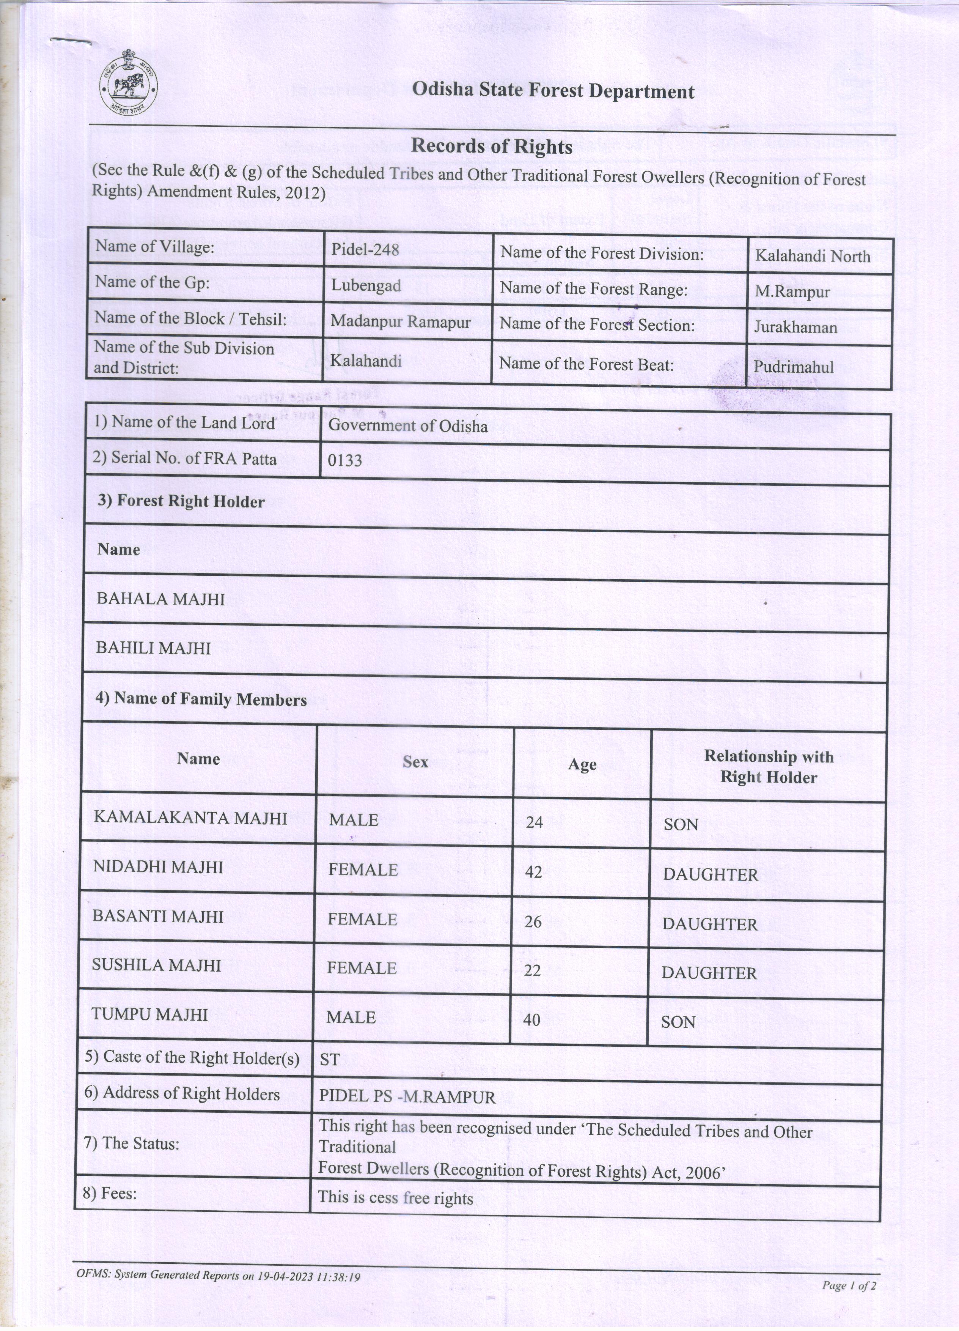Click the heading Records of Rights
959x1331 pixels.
click(492, 146)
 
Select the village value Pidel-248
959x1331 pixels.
click(365, 249)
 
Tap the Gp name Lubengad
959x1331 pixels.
click(366, 286)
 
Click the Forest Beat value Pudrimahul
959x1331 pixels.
click(794, 367)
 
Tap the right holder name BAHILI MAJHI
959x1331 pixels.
click(154, 649)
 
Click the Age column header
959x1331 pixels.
click(582, 765)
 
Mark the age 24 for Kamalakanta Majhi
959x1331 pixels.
click(535, 822)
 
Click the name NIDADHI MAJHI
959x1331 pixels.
click(158, 867)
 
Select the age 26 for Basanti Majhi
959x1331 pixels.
click(533, 922)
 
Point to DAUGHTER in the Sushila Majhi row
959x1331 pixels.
click(709, 973)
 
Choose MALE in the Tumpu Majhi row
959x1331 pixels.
click(351, 1018)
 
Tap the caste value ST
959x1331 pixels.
click(330, 1059)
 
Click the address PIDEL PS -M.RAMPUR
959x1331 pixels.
click(407, 1097)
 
